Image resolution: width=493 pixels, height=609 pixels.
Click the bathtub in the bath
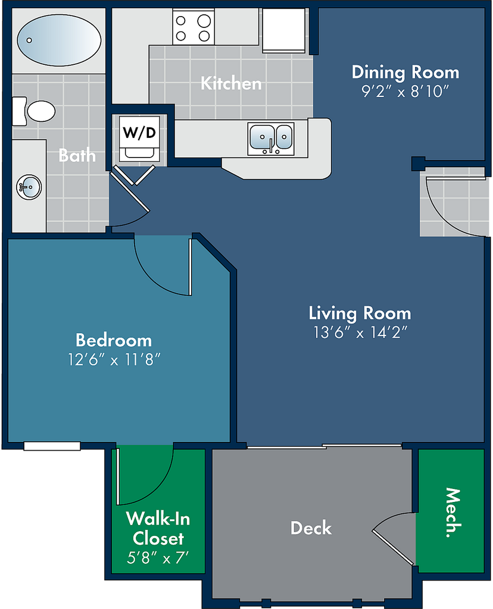(59, 40)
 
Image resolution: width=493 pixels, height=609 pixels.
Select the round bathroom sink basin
(29, 187)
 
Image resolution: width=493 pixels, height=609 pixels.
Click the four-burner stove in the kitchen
(194, 27)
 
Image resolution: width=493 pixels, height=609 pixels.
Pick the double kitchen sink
(271, 139)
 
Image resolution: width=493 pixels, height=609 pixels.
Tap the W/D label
(139, 133)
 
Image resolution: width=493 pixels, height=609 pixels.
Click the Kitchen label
(231, 83)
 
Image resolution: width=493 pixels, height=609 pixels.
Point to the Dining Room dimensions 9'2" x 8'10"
(405, 91)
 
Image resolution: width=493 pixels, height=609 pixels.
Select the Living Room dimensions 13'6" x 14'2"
(360, 332)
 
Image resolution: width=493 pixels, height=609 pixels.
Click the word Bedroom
(114, 340)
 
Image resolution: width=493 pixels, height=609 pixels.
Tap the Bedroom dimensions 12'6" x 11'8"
(114, 360)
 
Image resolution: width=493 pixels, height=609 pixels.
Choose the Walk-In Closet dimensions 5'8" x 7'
(157, 558)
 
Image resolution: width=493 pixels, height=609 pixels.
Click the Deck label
(311, 528)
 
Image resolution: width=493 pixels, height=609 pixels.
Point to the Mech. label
(453, 512)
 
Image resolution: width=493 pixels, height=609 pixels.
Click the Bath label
(77, 155)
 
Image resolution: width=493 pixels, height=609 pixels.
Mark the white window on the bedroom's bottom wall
(52, 446)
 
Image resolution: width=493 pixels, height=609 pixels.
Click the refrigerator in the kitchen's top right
(283, 30)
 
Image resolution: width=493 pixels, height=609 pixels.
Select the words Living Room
(360, 313)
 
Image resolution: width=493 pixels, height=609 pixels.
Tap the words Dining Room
(405, 73)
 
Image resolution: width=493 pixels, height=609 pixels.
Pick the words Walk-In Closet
(158, 529)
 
